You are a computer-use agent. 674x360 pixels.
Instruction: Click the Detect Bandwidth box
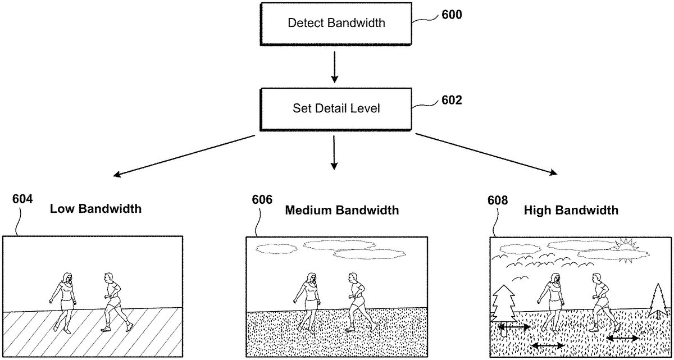(336, 24)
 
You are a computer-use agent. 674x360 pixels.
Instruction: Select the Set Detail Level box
(336, 109)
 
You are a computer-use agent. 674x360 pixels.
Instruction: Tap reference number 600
(452, 15)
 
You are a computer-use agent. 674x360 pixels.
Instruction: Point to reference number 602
(452, 100)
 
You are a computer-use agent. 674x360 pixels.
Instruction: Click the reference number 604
(22, 199)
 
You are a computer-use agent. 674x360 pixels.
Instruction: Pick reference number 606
(262, 199)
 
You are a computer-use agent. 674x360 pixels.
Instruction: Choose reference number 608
(498, 200)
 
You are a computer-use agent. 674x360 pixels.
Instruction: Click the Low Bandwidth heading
(95, 209)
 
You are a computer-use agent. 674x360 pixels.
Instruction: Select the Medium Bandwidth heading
(342, 210)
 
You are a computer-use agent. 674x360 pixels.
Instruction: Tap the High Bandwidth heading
(571, 210)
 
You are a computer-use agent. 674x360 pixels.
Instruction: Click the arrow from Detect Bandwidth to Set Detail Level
(334, 67)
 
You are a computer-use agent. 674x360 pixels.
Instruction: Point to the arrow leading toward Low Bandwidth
(184, 156)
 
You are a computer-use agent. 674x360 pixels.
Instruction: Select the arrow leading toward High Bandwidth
(486, 154)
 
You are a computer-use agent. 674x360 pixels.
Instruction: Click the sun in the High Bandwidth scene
(626, 248)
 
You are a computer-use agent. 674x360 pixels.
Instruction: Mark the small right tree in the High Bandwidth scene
(658, 302)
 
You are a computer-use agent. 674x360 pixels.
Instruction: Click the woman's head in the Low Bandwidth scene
(67, 278)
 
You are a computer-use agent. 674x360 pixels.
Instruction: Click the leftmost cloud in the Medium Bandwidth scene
(276, 249)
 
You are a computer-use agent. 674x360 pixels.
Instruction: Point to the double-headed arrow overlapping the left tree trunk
(514, 327)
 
